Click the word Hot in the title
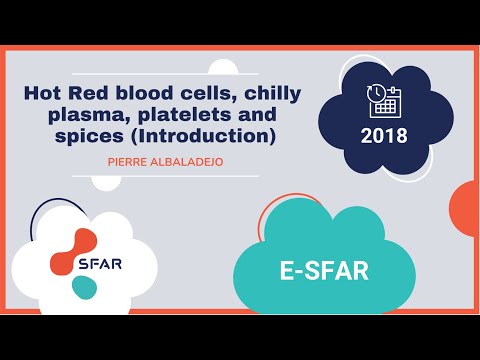tap(43, 93)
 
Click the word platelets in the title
tap(167, 114)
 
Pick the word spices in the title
tap(88, 135)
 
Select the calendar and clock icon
tap(384, 99)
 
